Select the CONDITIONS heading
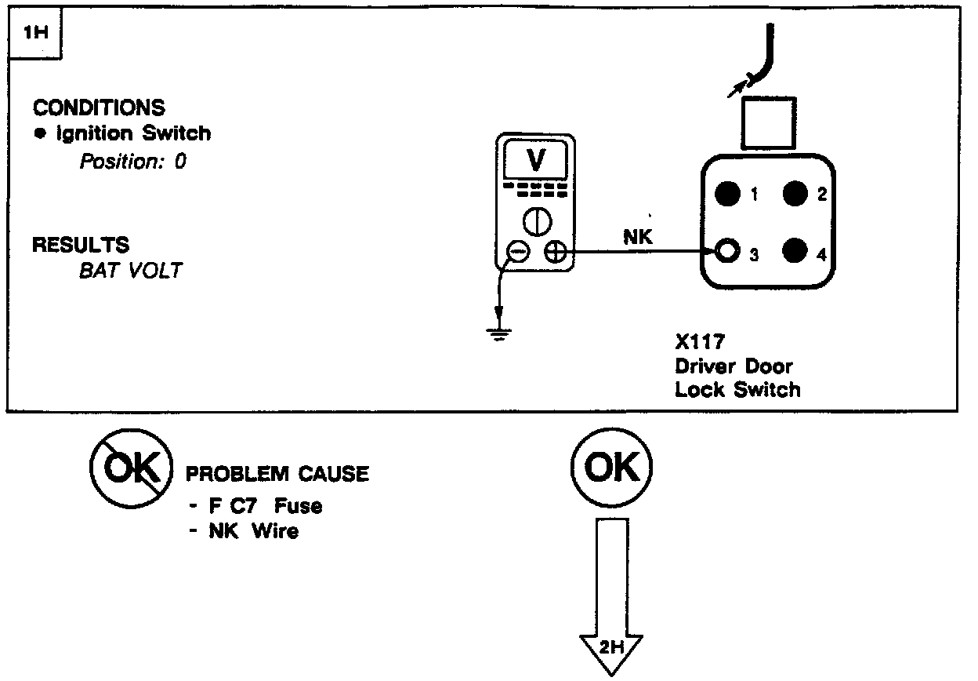click(100, 107)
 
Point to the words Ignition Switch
click(133, 133)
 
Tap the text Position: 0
click(133, 162)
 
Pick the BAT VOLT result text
click(130, 271)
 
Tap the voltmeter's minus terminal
click(518, 252)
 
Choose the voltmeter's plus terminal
click(556, 252)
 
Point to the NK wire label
click(637, 238)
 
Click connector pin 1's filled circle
click(729, 193)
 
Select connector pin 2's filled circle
click(795, 193)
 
